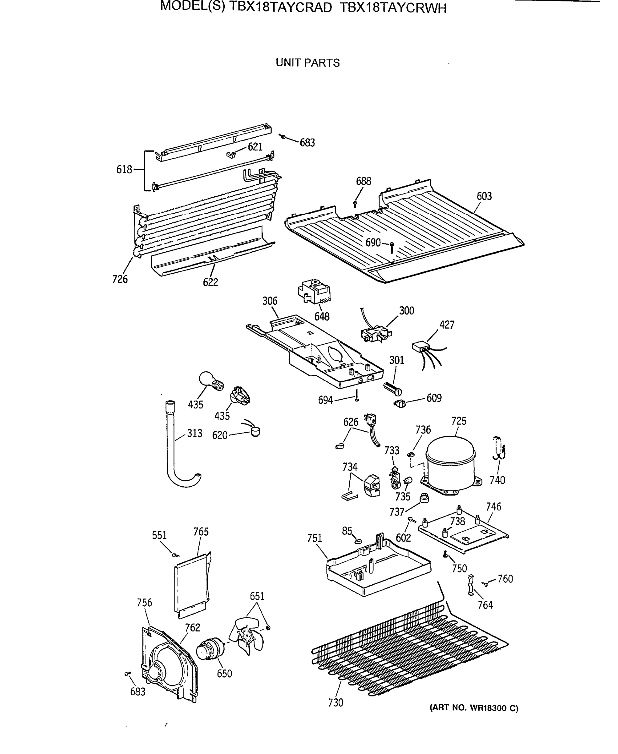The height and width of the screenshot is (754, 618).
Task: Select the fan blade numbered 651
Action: point(246,636)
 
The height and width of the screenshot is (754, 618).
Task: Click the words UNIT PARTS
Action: point(308,63)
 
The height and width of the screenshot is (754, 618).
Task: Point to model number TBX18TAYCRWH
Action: point(393,8)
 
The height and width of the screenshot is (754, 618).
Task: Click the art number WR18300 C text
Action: point(474,708)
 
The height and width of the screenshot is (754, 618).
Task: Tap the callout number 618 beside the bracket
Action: point(124,170)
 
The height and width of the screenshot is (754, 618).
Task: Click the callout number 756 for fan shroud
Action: point(144,603)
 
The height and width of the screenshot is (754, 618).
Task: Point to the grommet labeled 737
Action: point(424,497)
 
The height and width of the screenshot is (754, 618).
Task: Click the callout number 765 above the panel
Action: point(201,532)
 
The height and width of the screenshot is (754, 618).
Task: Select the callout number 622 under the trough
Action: point(210,282)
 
